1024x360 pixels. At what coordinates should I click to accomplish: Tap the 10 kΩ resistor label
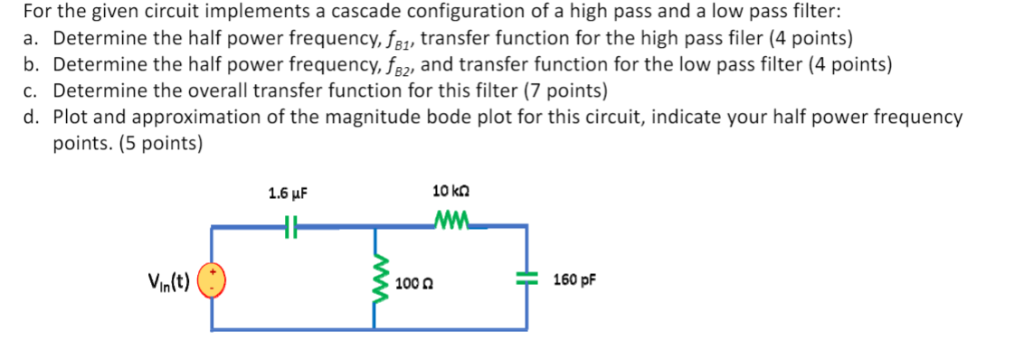452,192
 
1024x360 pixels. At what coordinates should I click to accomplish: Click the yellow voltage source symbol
212,280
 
